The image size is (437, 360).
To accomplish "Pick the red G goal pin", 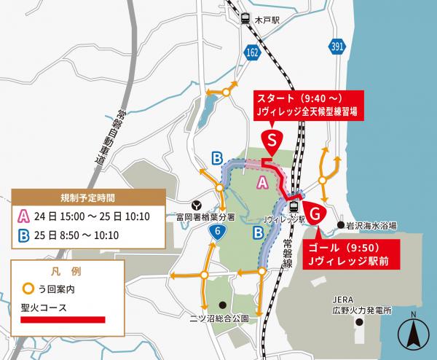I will [315, 214].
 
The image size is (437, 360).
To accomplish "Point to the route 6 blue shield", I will [217, 232].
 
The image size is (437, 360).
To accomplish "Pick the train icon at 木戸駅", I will [247, 20].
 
